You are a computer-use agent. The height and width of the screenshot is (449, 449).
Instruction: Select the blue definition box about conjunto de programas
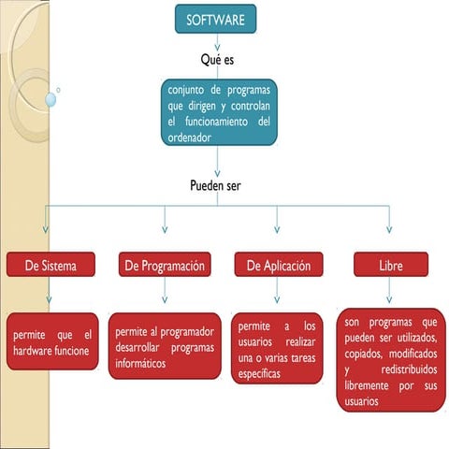(x=219, y=112)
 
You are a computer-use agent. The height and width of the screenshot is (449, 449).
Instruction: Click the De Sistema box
(x=51, y=266)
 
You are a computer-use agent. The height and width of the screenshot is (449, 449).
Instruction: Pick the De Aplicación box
(x=279, y=266)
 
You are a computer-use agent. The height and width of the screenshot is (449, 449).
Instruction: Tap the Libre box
(x=390, y=266)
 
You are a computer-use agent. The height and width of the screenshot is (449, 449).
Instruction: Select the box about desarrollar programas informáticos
(x=165, y=346)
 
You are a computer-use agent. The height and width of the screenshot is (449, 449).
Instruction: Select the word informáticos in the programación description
(x=146, y=363)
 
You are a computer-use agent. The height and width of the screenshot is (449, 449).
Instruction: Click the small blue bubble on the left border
(x=51, y=98)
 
